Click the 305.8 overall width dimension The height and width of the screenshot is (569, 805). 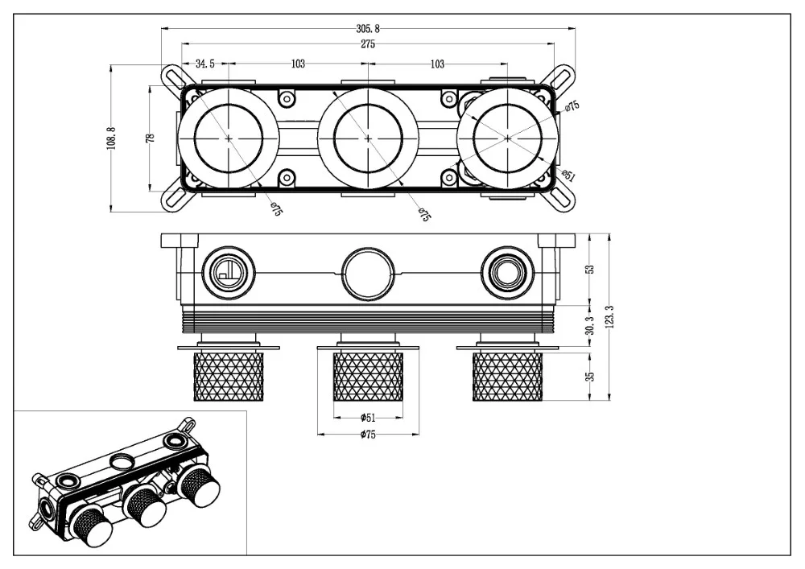(x=368, y=29)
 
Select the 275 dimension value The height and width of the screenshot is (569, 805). (x=368, y=44)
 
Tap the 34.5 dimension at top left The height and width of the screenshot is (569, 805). (x=205, y=64)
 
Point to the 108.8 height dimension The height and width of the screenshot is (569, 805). (x=111, y=138)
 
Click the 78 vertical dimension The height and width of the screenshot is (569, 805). (x=151, y=138)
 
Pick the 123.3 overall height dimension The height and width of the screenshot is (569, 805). (x=610, y=316)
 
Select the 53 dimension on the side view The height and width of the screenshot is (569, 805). (x=590, y=270)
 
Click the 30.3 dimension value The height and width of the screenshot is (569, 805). (x=590, y=325)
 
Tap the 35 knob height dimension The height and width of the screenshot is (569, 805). (x=590, y=377)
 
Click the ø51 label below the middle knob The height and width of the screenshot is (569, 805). (x=368, y=417)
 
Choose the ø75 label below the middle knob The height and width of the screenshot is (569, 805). (x=368, y=435)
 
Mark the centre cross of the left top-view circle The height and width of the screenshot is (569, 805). (x=229, y=138)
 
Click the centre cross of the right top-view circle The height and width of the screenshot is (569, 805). (x=508, y=138)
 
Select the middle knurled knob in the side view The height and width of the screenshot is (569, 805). (x=368, y=377)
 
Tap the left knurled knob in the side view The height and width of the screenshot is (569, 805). (x=229, y=377)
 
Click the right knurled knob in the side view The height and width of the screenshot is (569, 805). (x=507, y=377)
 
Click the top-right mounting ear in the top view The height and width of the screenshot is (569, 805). (x=559, y=77)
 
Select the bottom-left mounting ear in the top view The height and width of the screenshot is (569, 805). (x=175, y=199)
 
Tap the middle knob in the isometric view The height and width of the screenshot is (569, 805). (x=144, y=508)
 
